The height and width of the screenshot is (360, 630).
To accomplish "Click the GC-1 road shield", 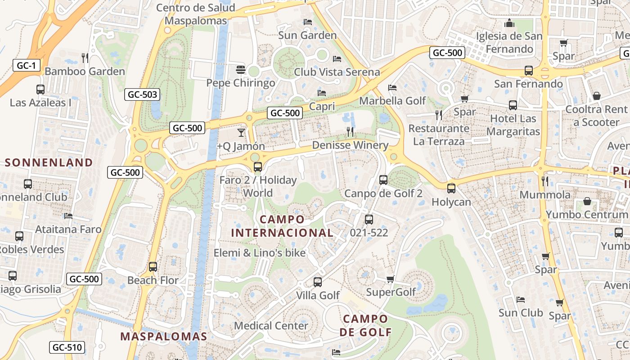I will pyautogui.click(x=26, y=65).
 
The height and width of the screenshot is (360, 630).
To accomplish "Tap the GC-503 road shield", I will pyautogui.click(x=142, y=94).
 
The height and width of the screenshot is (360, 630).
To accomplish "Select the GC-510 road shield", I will pyautogui.click(x=67, y=347).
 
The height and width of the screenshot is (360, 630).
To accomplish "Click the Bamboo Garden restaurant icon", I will pyautogui.click(x=85, y=58).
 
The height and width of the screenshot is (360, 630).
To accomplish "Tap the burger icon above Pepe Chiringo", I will pyautogui.click(x=241, y=70).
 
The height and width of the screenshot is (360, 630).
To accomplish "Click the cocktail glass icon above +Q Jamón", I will pyautogui.click(x=241, y=132).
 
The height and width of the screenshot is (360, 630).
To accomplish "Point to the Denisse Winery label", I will pyautogui.click(x=350, y=145).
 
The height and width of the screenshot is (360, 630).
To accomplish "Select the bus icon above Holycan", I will pyautogui.click(x=451, y=189).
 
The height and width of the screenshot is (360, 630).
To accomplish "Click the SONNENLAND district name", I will pyautogui.click(x=49, y=162).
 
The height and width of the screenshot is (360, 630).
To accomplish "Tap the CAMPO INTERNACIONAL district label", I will pyautogui.click(x=282, y=226).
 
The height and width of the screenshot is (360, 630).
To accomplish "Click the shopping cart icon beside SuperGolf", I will pyautogui.click(x=391, y=279).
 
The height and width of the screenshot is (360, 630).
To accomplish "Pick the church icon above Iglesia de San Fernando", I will pyautogui.click(x=509, y=23).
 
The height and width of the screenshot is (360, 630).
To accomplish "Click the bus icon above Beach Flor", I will pyautogui.click(x=153, y=266).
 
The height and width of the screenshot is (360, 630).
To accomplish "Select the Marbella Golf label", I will pyautogui.click(x=392, y=100).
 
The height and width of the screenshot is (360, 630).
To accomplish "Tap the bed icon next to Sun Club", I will pyautogui.click(x=521, y=300).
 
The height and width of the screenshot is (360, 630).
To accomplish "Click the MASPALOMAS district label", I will pyautogui.click(x=164, y=336).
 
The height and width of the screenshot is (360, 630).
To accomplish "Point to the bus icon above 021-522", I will pyautogui.click(x=369, y=220).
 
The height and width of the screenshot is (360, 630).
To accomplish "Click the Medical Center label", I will pyautogui.click(x=271, y=325).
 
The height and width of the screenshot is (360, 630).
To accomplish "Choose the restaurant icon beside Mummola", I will pyautogui.click(x=545, y=181).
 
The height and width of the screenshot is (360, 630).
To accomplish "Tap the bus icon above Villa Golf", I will pyautogui.click(x=318, y=282).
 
